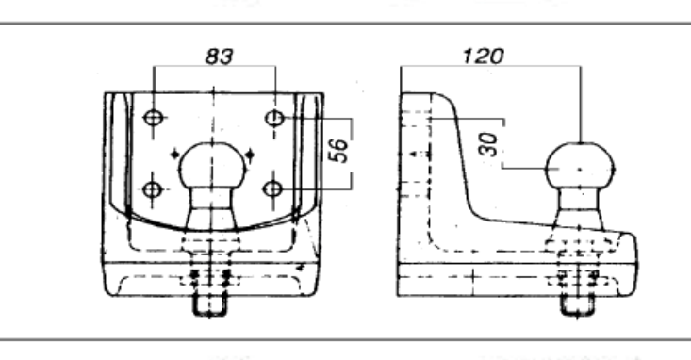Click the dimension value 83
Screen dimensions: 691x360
tap(220, 57)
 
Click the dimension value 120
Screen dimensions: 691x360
tap(484, 56)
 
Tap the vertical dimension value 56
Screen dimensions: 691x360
tap(338, 150)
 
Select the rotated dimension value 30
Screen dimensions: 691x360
tap(488, 144)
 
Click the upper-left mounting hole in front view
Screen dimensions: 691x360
tap(154, 118)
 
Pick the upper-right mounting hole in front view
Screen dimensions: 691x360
tap(274, 118)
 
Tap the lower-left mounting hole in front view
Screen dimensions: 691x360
tap(153, 189)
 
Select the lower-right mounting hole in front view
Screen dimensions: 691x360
tap(272, 189)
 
